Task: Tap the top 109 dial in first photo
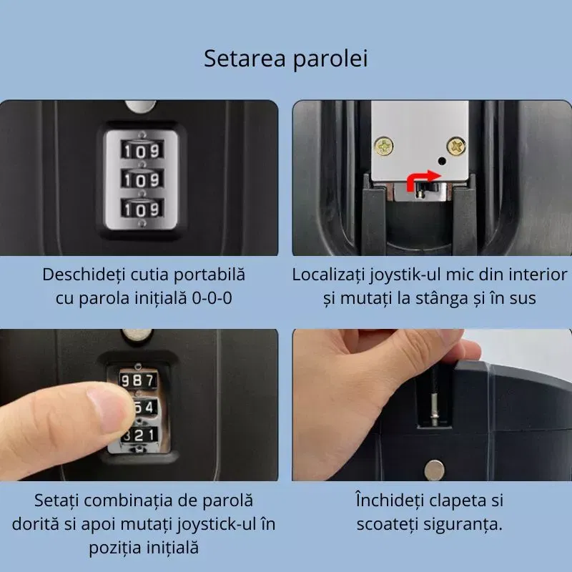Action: [141, 151]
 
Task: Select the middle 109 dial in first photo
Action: [141, 179]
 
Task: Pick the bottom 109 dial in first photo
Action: [141, 209]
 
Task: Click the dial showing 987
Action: [137, 380]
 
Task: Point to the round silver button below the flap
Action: [434, 470]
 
